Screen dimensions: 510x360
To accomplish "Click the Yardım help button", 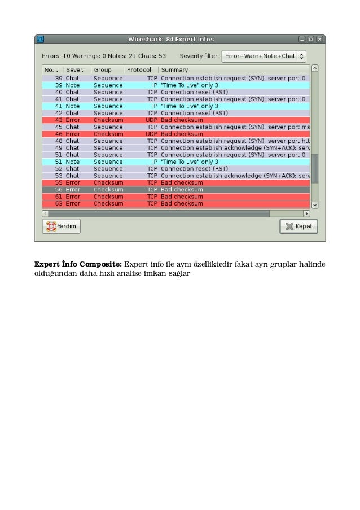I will point(61,226).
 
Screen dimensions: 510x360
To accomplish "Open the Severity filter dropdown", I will point(264,56).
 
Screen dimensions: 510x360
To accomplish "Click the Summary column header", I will point(174,69).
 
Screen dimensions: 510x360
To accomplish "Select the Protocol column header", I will point(139,69).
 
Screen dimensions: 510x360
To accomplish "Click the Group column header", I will point(103,69).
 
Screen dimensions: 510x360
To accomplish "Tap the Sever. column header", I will point(75,69).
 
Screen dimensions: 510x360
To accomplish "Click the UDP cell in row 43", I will point(151,120).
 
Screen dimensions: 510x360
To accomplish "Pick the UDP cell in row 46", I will point(151,134).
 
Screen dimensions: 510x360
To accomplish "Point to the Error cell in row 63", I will point(73,203).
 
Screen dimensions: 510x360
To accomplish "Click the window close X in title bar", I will point(319,40).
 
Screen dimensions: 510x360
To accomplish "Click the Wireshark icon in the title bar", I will point(40,40).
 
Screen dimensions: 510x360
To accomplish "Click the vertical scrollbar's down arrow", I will point(315,205).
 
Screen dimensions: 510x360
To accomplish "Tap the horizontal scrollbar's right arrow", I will point(307,214).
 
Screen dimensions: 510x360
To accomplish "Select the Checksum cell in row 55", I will point(108,183).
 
